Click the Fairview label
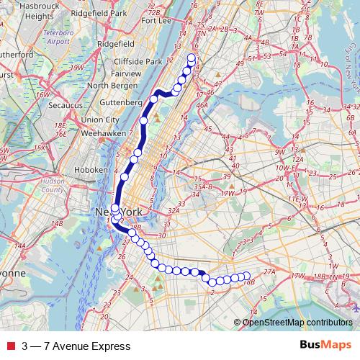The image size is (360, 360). (x=126, y=73)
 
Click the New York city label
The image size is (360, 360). (x=115, y=213)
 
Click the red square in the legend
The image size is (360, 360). (x=9, y=346)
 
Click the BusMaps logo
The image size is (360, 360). (x=325, y=346)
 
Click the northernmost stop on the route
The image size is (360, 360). (x=191, y=58)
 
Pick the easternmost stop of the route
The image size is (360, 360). (x=245, y=275)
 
